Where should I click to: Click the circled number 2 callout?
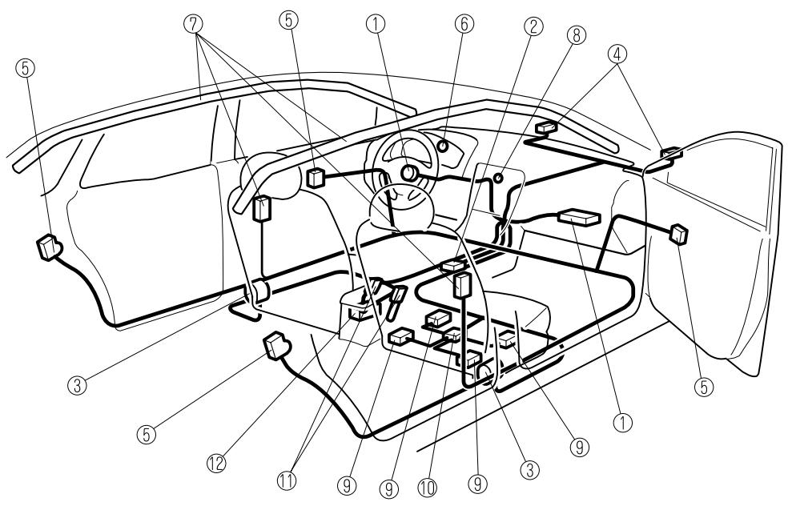(527, 27)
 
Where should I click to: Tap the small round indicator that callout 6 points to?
(441, 147)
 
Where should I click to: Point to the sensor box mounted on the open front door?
(679, 233)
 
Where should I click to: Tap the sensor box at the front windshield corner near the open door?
(669, 153)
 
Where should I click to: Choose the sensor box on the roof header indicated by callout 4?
(549, 126)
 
